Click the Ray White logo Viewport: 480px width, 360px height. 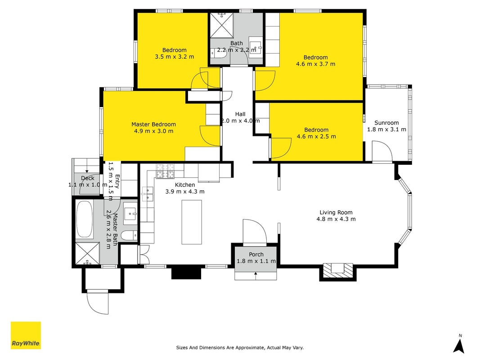tap(26, 335)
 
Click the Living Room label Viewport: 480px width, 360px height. tap(336, 212)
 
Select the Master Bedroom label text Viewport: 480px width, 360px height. tap(154, 124)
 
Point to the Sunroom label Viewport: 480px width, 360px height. tap(386, 123)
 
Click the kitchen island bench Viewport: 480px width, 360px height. tap(192, 222)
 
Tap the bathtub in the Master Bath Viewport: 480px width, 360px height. tap(85, 220)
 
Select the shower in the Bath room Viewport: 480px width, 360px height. tap(222, 25)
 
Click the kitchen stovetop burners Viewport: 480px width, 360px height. tap(165, 171)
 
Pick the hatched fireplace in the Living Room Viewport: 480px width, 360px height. tap(338, 270)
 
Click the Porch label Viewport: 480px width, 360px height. tap(256, 254)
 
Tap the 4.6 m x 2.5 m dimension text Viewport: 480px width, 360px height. tap(316, 136)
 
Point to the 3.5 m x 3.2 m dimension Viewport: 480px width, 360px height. tap(175, 57)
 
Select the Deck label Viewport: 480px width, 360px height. tap(88, 178)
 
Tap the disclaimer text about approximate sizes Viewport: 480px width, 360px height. tap(240, 347)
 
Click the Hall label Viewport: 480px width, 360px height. tap(240, 114)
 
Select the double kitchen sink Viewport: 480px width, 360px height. tap(147, 194)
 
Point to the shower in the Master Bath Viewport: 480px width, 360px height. tap(88, 254)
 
